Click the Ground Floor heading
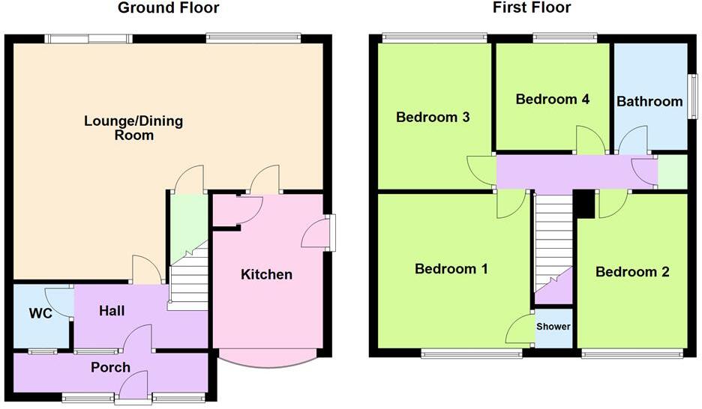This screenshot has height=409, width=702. tap(169, 8)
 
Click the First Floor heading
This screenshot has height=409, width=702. tap(532, 8)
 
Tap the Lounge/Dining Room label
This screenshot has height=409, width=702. tap(133, 128)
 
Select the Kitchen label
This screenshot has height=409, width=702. tap(266, 275)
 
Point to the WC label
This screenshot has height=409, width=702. tap(40, 313)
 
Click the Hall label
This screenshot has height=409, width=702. tap(112, 311)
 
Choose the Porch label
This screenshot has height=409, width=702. tap(110, 367)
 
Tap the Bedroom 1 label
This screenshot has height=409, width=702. tap(451, 269)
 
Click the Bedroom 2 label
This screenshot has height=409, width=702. tap(632, 272)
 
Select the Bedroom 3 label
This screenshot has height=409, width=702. tap(433, 117)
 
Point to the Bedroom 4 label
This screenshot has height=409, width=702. tap(553, 99)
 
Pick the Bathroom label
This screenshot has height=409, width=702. tap(649, 100)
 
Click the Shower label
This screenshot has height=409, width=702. tap(553, 327)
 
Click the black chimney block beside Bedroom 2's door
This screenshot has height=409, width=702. tap(583, 204)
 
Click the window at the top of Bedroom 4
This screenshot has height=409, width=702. tap(565, 36)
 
